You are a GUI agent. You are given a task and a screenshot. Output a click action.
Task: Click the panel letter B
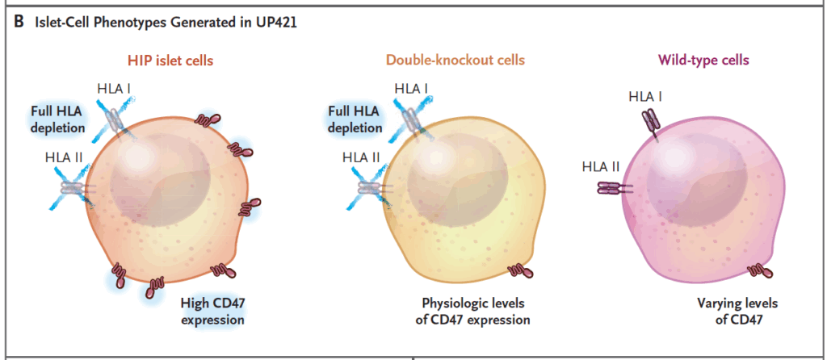click(x=19, y=23)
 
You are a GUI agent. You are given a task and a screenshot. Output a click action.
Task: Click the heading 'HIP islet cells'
click(x=170, y=61)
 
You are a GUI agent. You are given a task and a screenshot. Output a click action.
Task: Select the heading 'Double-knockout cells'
click(x=455, y=60)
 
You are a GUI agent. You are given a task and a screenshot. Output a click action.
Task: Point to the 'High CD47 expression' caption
click(x=212, y=312)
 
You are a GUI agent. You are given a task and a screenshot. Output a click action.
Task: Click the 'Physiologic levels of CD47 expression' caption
click(x=473, y=312)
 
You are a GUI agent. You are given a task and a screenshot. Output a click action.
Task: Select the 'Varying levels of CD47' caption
click(x=737, y=312)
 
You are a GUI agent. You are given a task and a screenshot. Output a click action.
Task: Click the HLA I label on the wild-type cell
click(x=645, y=96)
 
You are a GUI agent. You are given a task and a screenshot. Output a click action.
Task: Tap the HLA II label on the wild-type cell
click(x=601, y=168)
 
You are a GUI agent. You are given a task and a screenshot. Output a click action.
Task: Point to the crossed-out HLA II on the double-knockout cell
click(x=368, y=186)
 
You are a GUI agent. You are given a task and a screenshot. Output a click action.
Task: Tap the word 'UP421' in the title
click(x=274, y=23)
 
